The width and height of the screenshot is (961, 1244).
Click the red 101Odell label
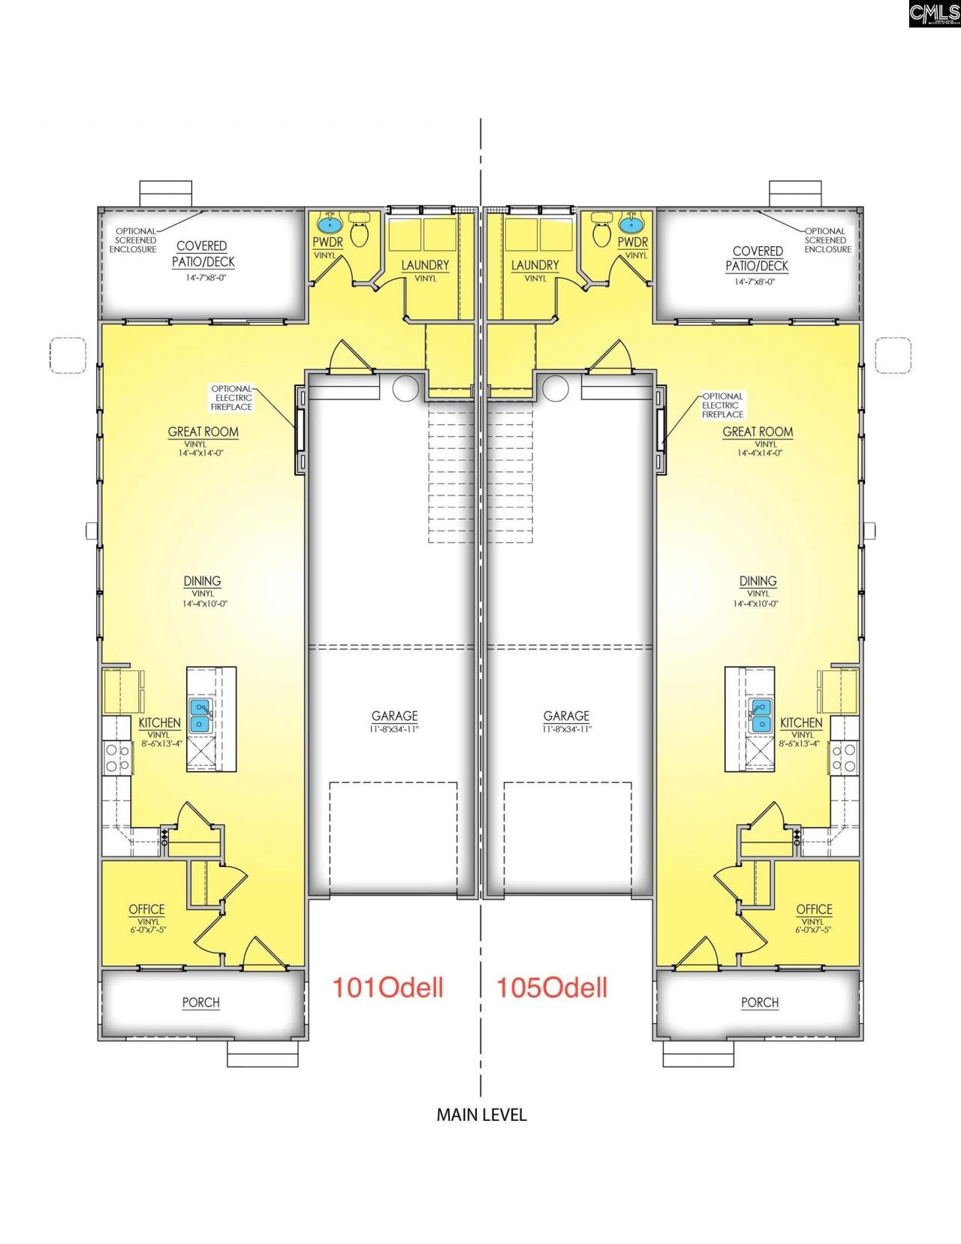click(387, 987)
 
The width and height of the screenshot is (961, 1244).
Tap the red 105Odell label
click(552, 987)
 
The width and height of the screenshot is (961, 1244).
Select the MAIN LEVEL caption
click(481, 1115)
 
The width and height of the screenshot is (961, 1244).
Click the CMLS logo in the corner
click(933, 14)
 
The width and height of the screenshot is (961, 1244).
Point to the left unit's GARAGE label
click(394, 716)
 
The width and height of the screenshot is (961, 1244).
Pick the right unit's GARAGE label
click(567, 716)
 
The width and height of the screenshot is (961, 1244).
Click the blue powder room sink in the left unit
click(330, 223)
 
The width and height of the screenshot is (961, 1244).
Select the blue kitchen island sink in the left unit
click(200, 715)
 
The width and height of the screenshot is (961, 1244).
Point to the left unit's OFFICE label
click(146, 909)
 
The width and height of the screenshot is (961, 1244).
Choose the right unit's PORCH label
click(760, 1002)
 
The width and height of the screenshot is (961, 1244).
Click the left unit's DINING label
click(202, 581)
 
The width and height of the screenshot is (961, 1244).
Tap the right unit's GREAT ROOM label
click(758, 432)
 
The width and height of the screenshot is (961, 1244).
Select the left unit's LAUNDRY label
click(425, 265)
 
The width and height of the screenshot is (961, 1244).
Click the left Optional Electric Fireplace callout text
click(233, 398)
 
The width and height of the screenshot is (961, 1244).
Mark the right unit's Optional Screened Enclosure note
click(827, 240)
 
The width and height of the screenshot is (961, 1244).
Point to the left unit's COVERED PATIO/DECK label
click(203, 254)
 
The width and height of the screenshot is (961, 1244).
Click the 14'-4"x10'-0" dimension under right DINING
click(758, 604)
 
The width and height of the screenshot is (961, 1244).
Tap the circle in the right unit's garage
click(556, 388)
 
